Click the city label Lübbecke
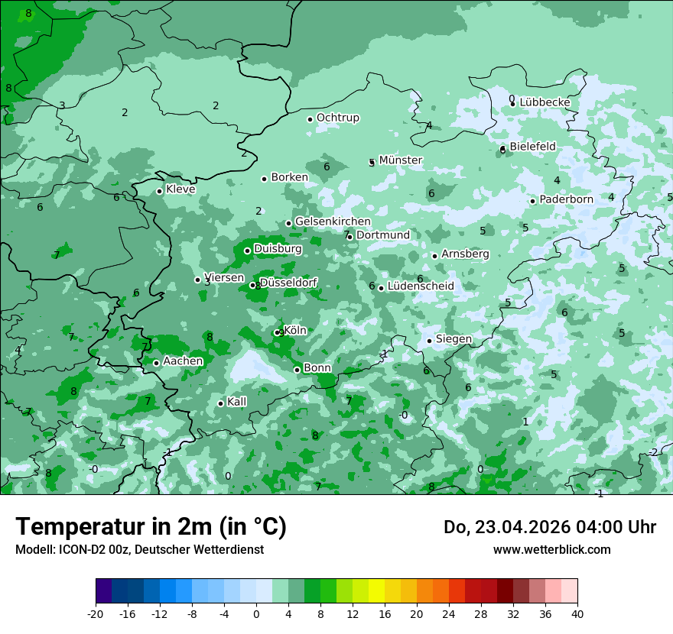[x=545, y=102]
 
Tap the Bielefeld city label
[x=532, y=147]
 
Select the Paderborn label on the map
[x=566, y=199]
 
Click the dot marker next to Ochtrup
[x=310, y=119]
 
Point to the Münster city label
[x=401, y=160]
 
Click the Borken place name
[x=289, y=177]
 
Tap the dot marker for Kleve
[x=159, y=191]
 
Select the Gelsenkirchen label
[x=333, y=222]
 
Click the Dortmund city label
[x=382, y=235]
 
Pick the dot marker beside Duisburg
[x=247, y=251]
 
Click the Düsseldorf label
[x=288, y=283]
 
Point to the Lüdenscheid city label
[x=421, y=286]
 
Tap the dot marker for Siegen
[x=429, y=341]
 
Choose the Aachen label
[x=183, y=361]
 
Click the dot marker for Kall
[x=220, y=403]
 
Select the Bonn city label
[x=317, y=368]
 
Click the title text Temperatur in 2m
[x=151, y=527]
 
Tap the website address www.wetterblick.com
[x=551, y=550]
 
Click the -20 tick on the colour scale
[x=96, y=614]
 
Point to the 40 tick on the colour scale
[x=577, y=614]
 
